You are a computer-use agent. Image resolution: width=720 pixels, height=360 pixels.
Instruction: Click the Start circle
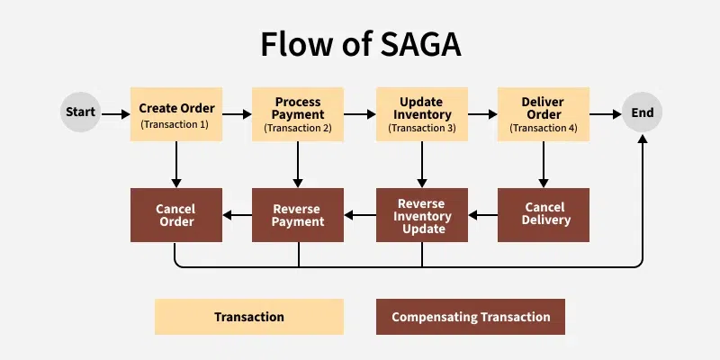(x=80, y=112)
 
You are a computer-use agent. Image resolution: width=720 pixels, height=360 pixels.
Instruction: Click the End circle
(x=642, y=112)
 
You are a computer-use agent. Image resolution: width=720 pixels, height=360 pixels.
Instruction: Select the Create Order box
(x=176, y=114)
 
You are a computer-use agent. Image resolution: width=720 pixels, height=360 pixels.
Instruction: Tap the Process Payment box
(x=298, y=114)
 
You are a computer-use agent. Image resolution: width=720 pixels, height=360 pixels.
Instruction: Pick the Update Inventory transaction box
(x=422, y=114)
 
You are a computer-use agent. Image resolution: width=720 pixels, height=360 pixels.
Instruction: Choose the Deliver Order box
(x=544, y=114)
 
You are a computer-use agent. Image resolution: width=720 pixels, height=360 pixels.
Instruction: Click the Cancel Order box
(x=176, y=215)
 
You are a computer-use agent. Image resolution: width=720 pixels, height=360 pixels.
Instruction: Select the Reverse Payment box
(x=298, y=215)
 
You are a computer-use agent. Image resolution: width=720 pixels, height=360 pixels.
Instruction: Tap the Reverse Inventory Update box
(x=422, y=215)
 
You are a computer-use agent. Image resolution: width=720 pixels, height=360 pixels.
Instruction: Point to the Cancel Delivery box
(x=544, y=215)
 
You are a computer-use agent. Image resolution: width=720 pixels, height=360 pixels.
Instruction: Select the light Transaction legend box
(x=249, y=317)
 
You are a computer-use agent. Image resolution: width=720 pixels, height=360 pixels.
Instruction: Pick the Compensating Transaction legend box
(x=471, y=317)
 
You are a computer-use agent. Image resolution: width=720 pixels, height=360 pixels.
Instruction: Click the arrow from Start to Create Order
(x=116, y=114)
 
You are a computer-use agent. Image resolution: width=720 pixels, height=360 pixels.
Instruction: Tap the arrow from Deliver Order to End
(x=606, y=114)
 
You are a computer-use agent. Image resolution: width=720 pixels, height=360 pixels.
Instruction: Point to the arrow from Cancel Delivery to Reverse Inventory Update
(x=483, y=215)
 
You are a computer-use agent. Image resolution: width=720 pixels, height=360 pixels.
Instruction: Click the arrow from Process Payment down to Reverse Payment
(x=298, y=165)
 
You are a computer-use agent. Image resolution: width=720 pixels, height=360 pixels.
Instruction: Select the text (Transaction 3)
(x=422, y=128)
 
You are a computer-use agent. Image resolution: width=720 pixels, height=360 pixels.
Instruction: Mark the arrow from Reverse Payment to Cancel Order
(x=237, y=215)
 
